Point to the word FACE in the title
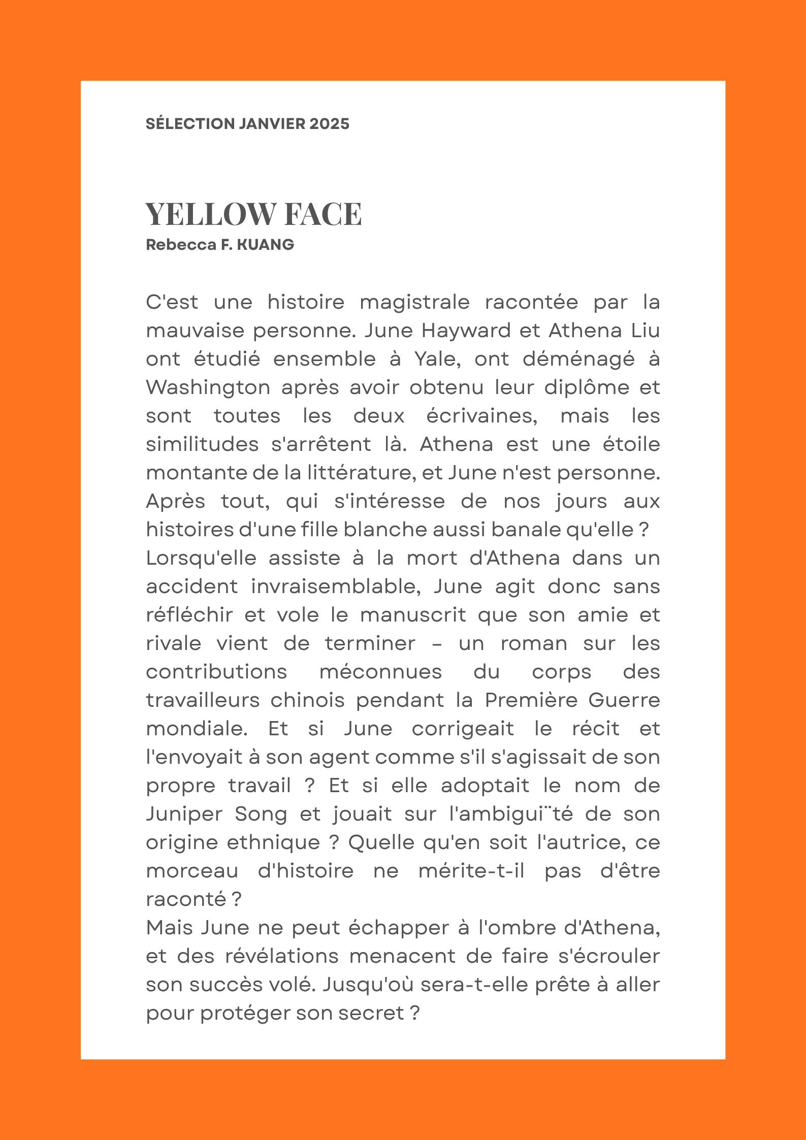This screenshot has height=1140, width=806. tap(323, 214)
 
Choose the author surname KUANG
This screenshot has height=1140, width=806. tap(266, 245)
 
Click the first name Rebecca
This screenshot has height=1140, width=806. tap(181, 245)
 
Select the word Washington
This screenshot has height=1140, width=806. tap(208, 387)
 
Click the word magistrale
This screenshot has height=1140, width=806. tap(414, 302)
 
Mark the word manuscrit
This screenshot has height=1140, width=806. tap(413, 615)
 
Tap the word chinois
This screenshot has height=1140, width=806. tap(307, 700)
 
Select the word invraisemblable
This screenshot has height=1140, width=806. tap(336, 587)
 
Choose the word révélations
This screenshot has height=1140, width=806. tap(282, 956)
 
